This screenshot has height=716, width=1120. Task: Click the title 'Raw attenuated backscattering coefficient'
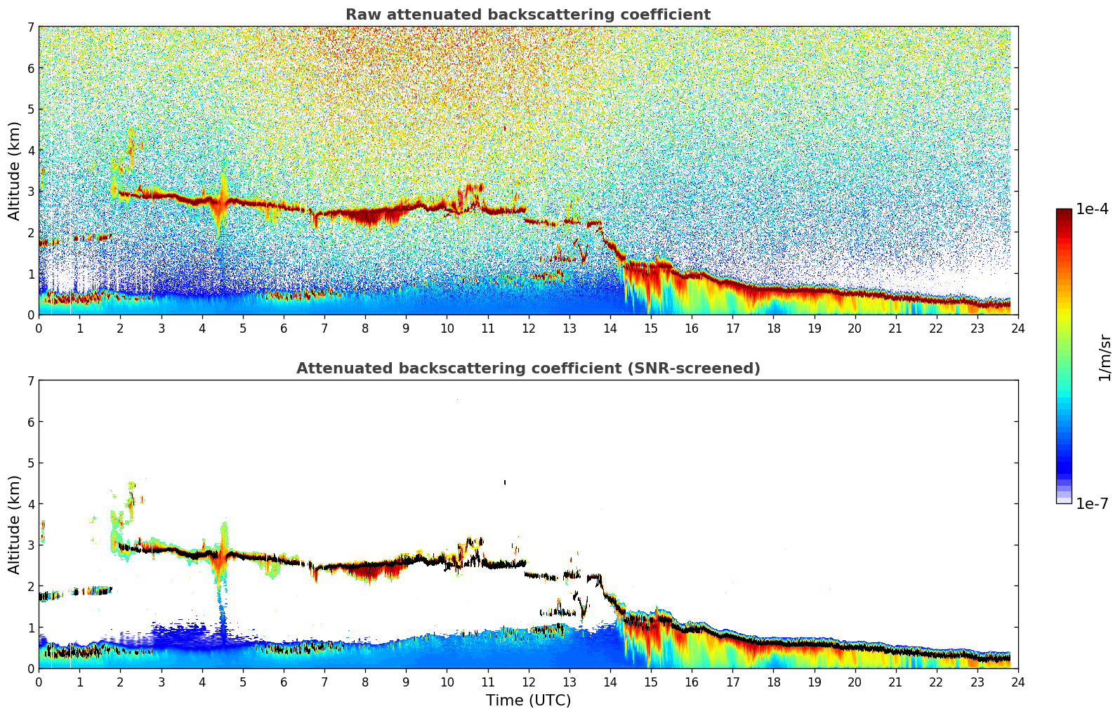(527, 15)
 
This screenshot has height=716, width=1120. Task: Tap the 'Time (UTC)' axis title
(528, 700)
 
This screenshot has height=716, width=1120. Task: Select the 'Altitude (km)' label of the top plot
(14, 171)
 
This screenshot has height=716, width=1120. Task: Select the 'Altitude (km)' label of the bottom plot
(14, 524)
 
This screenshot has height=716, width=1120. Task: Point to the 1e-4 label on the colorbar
(1092, 209)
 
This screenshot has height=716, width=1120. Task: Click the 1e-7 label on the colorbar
(1092, 503)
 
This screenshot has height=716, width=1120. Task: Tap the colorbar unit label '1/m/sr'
(1105, 357)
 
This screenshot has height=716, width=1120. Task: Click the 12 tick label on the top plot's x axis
(528, 328)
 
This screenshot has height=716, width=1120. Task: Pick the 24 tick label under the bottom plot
(1018, 682)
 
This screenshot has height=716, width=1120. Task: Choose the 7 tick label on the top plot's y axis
(31, 27)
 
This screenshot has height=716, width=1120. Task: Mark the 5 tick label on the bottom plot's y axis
(31, 463)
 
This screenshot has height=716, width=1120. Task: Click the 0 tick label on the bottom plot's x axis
(39, 682)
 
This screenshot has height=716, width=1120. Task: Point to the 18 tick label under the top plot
(773, 328)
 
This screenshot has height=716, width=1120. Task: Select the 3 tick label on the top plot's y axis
(31, 192)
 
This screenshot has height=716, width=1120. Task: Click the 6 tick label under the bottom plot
(284, 682)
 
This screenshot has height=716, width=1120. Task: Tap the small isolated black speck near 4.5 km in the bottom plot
(505, 482)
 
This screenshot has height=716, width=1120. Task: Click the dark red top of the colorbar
(1064, 213)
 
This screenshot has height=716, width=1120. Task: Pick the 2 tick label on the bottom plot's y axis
(31, 586)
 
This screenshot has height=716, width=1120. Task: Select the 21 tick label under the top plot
(895, 328)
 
